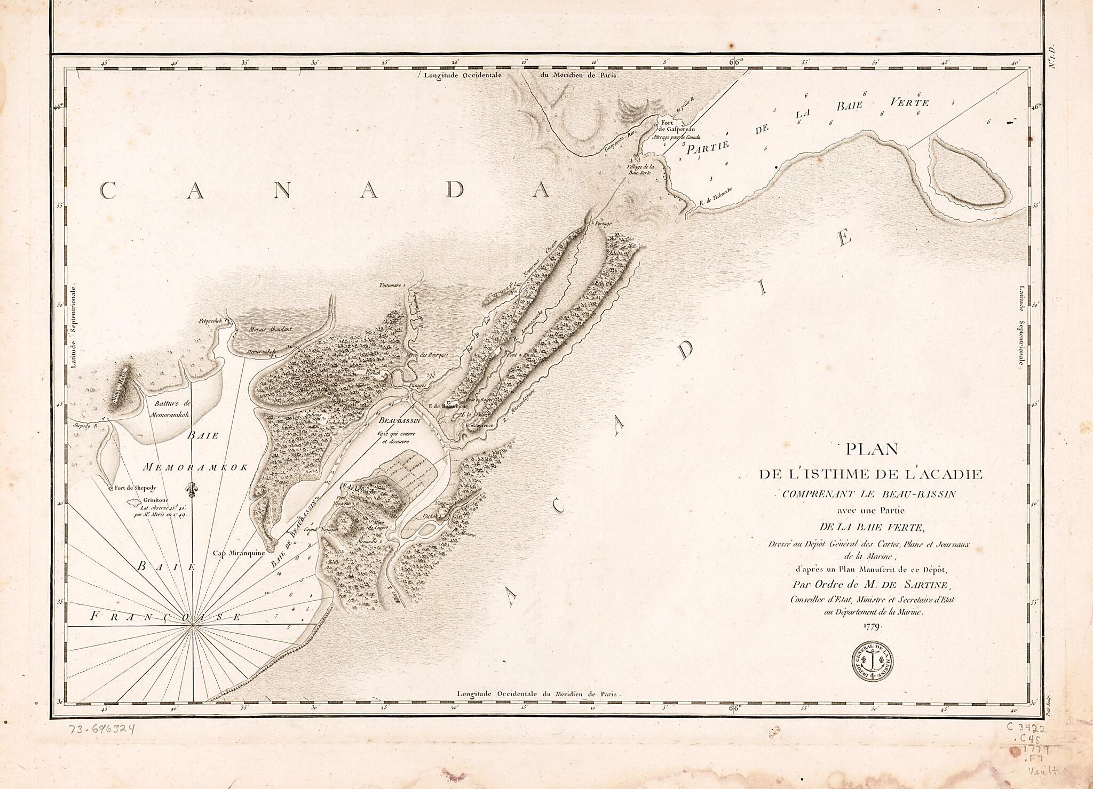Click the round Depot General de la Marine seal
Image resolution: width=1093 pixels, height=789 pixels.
[873, 660]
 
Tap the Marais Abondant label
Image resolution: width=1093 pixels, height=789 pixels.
[270, 329]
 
